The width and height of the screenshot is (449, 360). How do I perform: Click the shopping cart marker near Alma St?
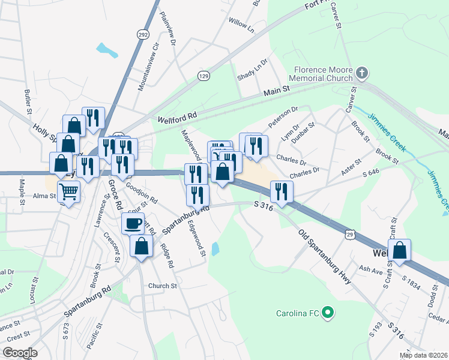coord(69,193)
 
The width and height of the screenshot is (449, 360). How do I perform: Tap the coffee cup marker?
coord(133,224)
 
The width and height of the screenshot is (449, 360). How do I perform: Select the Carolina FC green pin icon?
coord(327,313)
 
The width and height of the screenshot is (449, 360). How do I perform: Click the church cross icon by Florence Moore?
coord(361,74)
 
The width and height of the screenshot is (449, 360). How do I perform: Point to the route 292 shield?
coord(142,35)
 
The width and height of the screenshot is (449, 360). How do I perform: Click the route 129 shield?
coord(204,75)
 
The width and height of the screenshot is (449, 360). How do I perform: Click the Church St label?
coord(163,286)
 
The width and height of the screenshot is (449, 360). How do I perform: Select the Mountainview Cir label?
coord(149,67)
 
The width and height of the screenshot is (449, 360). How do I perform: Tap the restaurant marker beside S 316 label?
coord(280,191)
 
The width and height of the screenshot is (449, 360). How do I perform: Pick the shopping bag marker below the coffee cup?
coord(141,247)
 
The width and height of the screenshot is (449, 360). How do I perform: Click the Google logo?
coord(20,353)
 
